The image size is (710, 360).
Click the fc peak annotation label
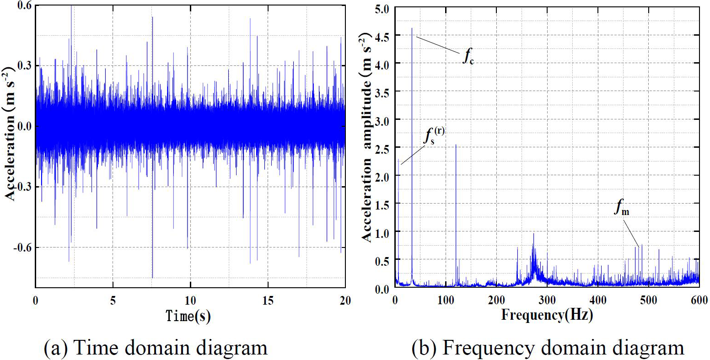coord(467,57)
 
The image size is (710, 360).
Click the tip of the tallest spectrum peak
coord(412,28)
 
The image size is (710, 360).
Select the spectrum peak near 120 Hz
coord(456,145)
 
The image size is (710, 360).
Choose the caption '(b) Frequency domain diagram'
coord(548,348)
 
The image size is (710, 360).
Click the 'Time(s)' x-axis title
coord(188,315)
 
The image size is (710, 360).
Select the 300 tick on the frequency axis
coord(547,300)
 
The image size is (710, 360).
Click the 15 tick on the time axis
coord(268,301)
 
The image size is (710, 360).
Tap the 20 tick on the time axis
coord(345,301)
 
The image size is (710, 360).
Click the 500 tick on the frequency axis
coord(649,300)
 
